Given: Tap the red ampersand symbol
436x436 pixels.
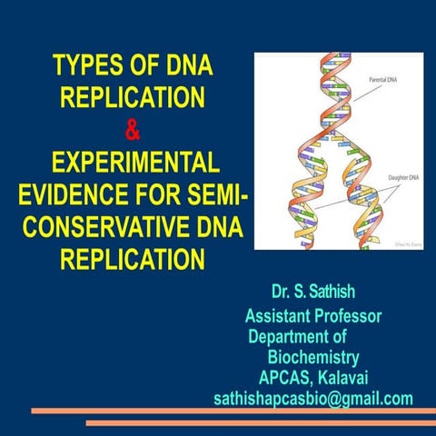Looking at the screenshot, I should pos(133,131).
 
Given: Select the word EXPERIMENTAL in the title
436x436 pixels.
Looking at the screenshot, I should pos(133,163).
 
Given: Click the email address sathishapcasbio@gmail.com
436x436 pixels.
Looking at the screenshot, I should pos(312,399).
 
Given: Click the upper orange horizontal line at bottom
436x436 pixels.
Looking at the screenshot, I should pos(218,413).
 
